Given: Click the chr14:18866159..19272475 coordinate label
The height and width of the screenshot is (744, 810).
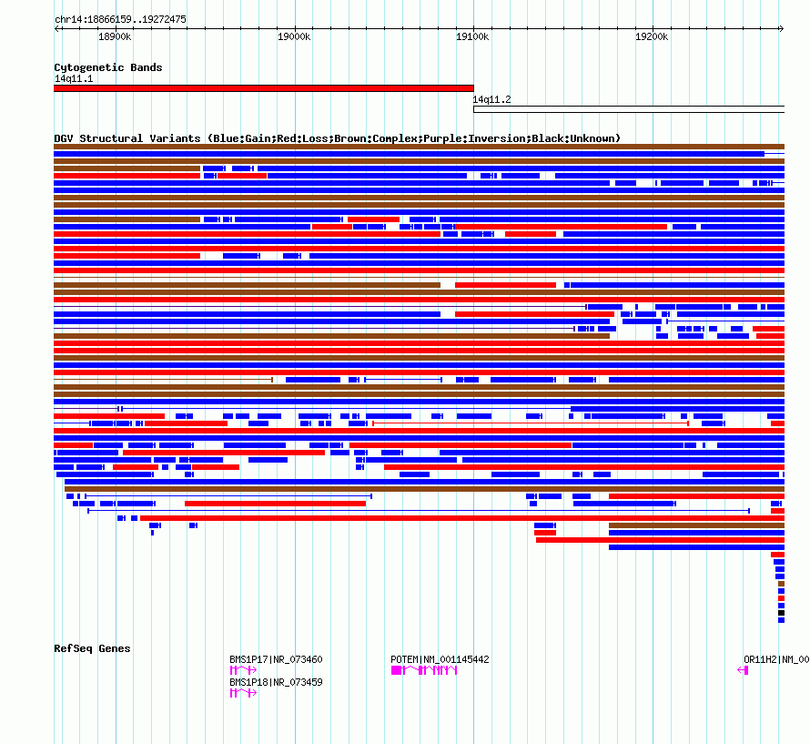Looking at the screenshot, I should (120, 19).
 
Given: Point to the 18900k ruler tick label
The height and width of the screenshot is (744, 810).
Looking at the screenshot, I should (115, 37).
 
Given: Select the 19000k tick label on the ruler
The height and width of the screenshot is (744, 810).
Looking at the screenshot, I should (294, 37).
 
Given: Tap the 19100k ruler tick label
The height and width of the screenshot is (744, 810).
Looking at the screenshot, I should (472, 37).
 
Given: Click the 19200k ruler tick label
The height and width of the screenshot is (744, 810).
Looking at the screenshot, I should (652, 37).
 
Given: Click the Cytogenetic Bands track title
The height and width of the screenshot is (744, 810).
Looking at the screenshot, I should (107, 67).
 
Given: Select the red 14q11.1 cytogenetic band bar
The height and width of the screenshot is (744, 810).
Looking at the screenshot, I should (264, 88).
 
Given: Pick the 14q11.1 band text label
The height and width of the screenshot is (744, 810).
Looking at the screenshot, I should (74, 78).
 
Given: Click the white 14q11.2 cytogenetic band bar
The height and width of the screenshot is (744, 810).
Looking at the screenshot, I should (628, 109).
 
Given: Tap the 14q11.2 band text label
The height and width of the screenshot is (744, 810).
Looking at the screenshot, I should (491, 99).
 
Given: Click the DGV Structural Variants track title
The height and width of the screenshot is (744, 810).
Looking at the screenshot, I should (337, 138).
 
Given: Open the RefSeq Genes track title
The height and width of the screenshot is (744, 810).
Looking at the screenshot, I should (92, 648).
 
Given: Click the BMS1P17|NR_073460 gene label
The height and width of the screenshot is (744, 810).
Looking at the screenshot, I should (276, 659).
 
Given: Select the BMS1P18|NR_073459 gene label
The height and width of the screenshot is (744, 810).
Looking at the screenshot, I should (276, 682).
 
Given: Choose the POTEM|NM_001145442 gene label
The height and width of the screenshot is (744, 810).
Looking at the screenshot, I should (440, 659).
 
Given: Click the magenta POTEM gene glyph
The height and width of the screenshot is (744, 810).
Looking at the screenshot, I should (424, 670).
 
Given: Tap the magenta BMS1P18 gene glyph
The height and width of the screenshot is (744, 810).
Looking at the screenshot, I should (243, 693).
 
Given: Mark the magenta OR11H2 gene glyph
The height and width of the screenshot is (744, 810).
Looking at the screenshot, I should (744, 670).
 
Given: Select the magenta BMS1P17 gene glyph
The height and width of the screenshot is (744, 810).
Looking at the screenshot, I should (243, 670).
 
